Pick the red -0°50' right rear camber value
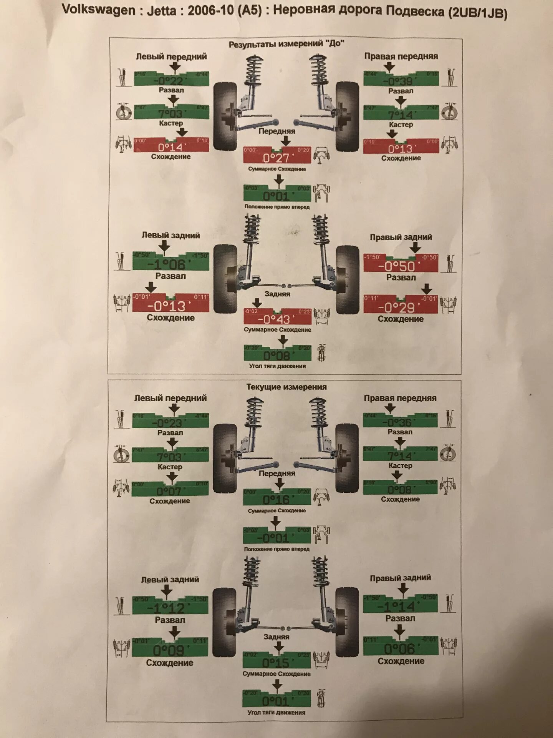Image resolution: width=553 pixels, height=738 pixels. coord(397,266)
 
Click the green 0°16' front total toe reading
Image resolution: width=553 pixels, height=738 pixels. coord(276,499)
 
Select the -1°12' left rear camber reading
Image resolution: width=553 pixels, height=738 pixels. coord(166,608)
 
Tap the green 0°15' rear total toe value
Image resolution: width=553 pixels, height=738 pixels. coord(276,663)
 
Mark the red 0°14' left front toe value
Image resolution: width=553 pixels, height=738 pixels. coord(171,147)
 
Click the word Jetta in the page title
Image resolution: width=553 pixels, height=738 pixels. coord(162,10)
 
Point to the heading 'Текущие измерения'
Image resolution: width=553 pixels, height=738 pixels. coord(286,387)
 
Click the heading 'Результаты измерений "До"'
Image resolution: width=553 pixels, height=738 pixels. coord(286,44)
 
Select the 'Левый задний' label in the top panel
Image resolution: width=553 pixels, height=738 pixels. coord(171,235)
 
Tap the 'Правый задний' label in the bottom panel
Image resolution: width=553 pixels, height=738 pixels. coord(400,578)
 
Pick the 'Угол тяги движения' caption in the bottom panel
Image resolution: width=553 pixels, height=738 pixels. coord(276,712)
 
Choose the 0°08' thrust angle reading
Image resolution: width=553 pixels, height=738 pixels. coord(276,355)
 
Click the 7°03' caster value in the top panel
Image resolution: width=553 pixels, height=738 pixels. coord(171,113)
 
